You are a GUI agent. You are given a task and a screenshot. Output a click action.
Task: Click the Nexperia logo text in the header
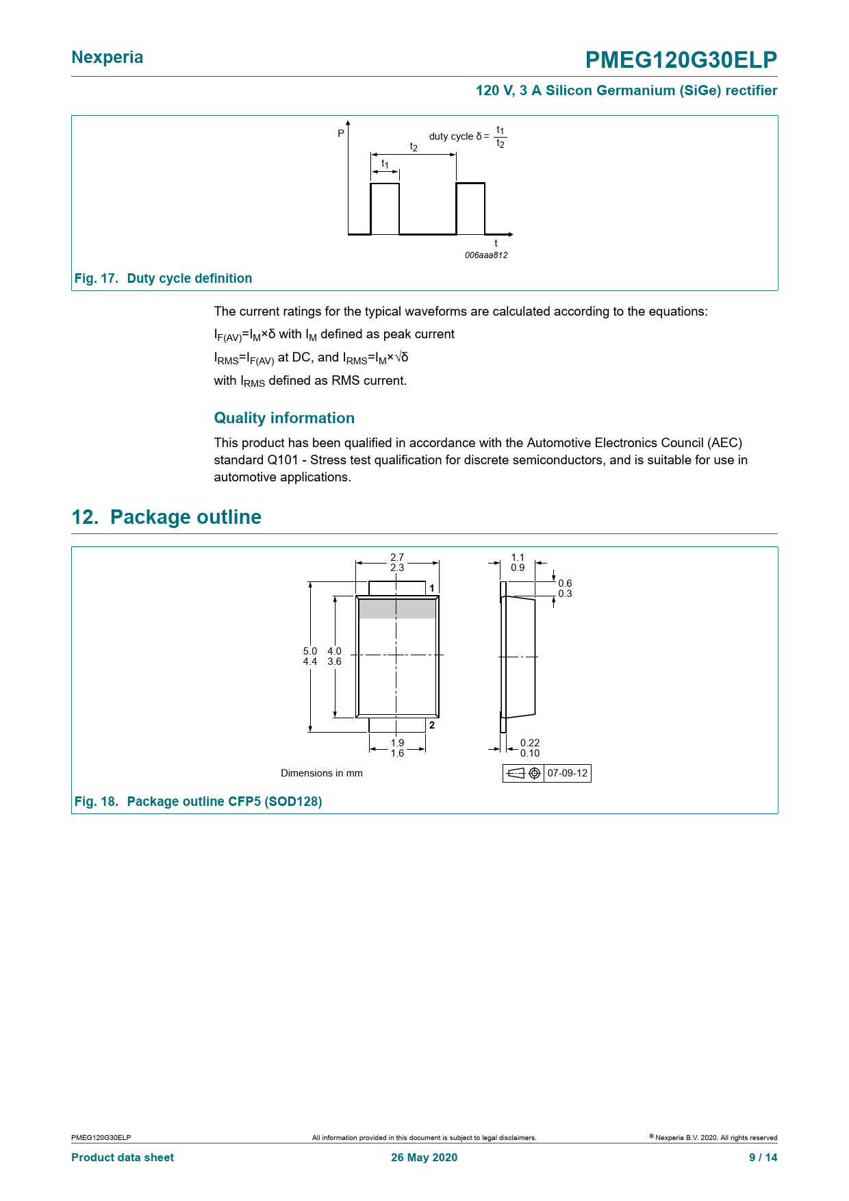(107, 58)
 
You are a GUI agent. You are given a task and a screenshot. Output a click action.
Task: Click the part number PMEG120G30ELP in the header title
(681, 60)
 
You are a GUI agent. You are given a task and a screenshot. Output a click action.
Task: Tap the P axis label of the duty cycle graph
(341, 134)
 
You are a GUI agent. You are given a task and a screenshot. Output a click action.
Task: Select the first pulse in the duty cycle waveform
(385, 208)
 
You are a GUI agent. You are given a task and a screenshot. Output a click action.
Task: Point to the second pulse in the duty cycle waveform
(470, 208)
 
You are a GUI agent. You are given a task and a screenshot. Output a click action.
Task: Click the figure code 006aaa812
(486, 255)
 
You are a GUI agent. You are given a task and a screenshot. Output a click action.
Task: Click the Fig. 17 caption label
(96, 278)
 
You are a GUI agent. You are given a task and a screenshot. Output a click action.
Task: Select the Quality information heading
(284, 418)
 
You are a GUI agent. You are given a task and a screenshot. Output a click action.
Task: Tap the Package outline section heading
(166, 517)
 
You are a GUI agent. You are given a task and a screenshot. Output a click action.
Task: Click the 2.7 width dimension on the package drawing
(397, 557)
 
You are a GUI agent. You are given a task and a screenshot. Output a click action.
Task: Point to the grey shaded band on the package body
(397, 608)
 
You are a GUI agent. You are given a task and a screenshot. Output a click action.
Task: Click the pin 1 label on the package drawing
(432, 588)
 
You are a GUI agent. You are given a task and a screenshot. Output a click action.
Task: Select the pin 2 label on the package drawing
(432, 725)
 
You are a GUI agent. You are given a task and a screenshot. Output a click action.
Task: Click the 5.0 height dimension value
(310, 651)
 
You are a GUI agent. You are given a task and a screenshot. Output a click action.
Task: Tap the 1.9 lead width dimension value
(397, 743)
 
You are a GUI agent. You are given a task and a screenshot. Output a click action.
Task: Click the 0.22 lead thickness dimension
(530, 743)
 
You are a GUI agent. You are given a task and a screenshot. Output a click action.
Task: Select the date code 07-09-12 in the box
(568, 773)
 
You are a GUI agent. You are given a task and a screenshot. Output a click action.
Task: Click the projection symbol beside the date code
(524, 773)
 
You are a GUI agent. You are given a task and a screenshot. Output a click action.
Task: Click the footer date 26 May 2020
(424, 1157)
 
